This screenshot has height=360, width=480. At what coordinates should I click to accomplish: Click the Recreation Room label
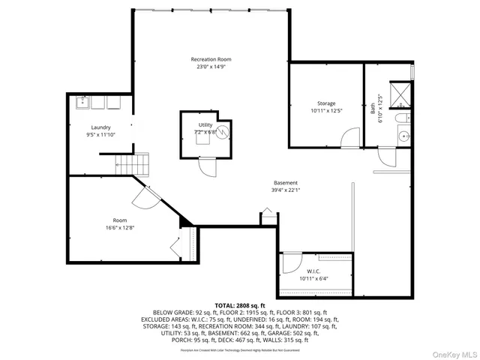pyautogui.click(x=211, y=58)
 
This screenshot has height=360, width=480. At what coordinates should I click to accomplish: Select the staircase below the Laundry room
pyautogui.click(x=132, y=163)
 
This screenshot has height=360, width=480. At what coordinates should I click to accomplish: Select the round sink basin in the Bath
pyautogui.click(x=403, y=136)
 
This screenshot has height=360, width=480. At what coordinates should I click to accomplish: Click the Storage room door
pyautogui.click(x=348, y=139)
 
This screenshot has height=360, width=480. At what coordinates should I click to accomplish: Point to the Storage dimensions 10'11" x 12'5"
pyautogui.click(x=325, y=111)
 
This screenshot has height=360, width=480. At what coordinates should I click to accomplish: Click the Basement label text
pyautogui.click(x=285, y=183)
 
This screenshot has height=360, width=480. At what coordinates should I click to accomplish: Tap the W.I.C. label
pyautogui.click(x=313, y=271)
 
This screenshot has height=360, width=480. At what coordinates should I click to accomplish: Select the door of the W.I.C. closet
pyautogui.click(x=289, y=263)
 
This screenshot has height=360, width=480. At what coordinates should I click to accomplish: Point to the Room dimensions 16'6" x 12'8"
pyautogui.click(x=119, y=226)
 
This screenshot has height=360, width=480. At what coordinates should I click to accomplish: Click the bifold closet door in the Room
pyautogui.click(x=175, y=247)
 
